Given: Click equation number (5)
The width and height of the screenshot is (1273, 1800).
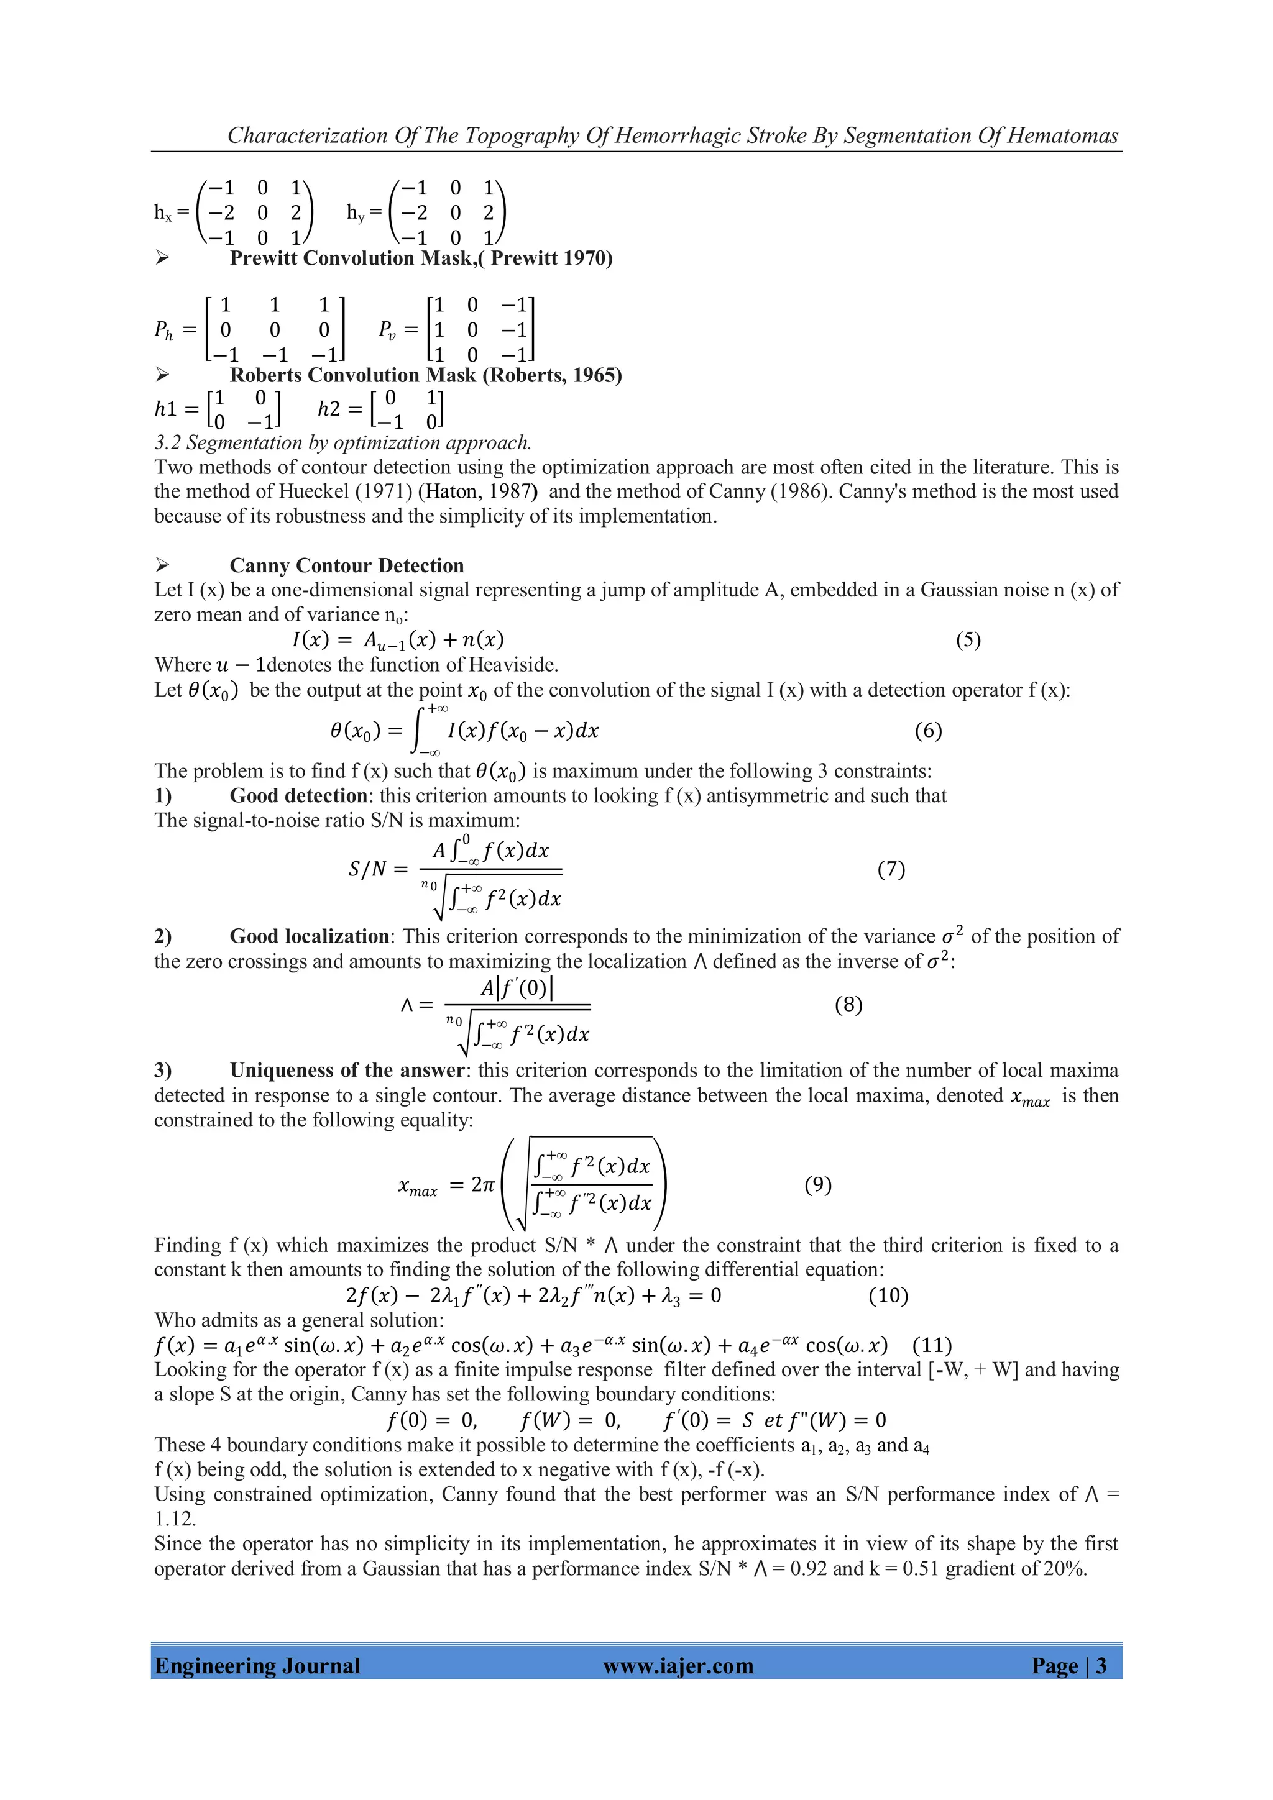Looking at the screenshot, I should click(x=968, y=640).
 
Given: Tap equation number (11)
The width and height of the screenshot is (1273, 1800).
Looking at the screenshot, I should click(x=932, y=1345).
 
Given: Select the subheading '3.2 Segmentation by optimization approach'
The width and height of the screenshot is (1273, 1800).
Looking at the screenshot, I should click(x=342, y=442).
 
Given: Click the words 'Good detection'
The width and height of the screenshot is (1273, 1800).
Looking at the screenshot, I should click(x=298, y=796).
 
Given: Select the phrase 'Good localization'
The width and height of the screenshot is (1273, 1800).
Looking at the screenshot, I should click(x=309, y=936).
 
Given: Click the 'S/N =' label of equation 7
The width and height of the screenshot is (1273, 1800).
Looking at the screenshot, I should click(x=378, y=869).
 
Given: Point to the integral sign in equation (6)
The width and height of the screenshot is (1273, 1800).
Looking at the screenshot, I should click(x=420, y=731).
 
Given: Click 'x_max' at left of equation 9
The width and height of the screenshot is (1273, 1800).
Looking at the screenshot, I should click(x=417, y=1188).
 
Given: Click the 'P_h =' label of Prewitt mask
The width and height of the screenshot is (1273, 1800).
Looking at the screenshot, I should click(x=174, y=330).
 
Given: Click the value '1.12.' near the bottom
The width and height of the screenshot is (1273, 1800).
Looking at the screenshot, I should click(x=175, y=1519).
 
